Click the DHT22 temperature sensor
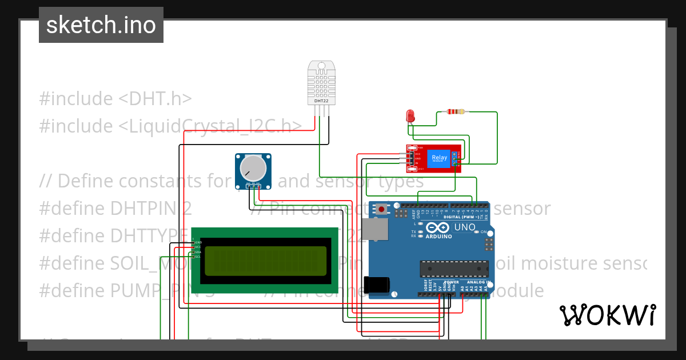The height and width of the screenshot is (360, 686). point(321,83)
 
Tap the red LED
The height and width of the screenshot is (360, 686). point(410,116)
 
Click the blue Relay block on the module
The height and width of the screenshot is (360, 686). point(440,158)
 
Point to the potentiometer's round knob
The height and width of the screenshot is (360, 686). point(253,167)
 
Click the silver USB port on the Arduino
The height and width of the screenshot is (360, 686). point(377,229)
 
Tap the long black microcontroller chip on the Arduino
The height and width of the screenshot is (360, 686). point(454,268)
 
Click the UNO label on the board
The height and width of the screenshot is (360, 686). point(464,227)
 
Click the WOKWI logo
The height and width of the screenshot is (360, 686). point(607,315)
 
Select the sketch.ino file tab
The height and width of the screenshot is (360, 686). point(101,25)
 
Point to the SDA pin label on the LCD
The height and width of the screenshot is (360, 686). point(198,252)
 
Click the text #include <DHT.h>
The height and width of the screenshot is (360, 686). point(115,99)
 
